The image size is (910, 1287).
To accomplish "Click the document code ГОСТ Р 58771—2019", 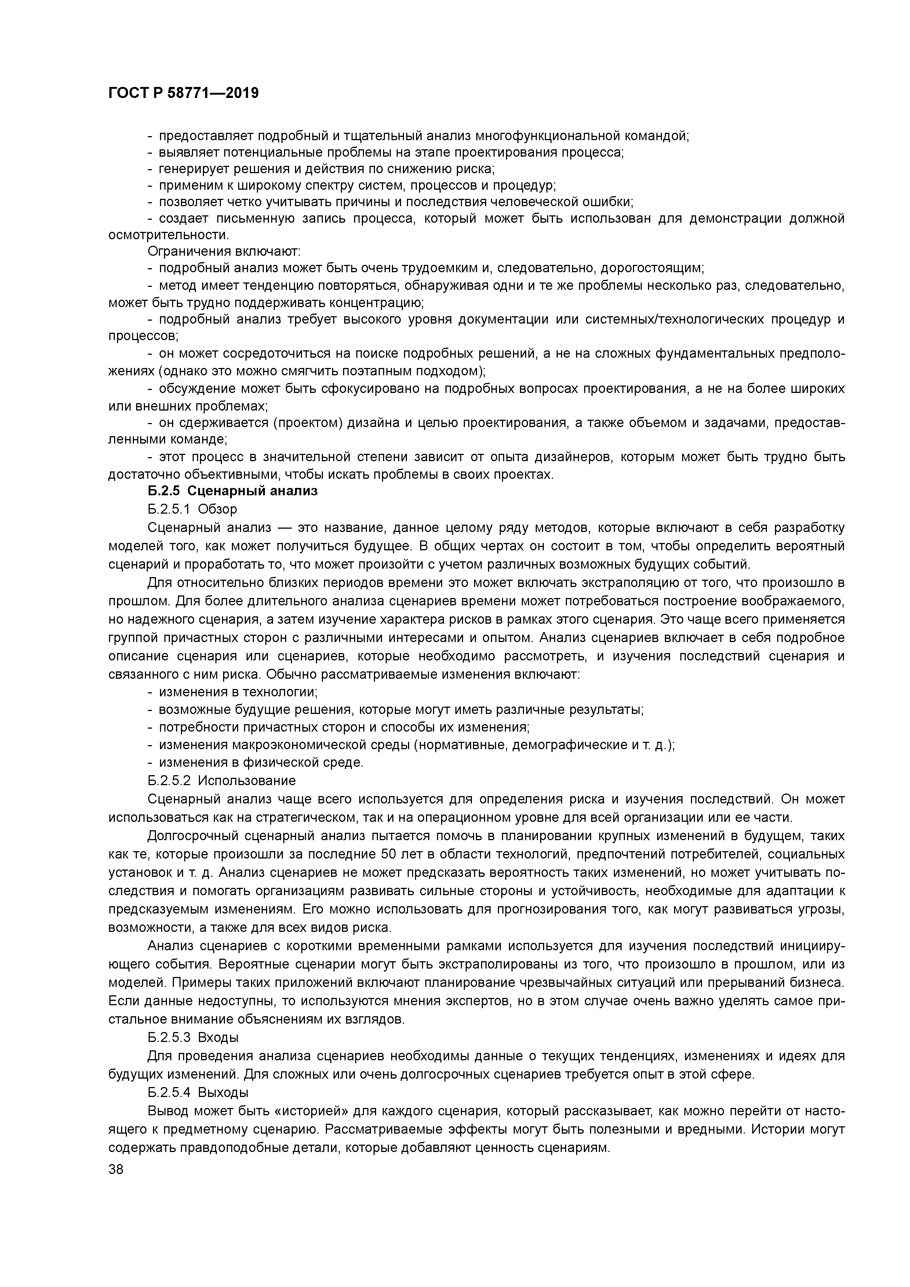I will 183,93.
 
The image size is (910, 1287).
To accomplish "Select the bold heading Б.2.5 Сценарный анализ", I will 233,491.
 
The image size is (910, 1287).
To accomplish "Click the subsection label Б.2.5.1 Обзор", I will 192,509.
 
